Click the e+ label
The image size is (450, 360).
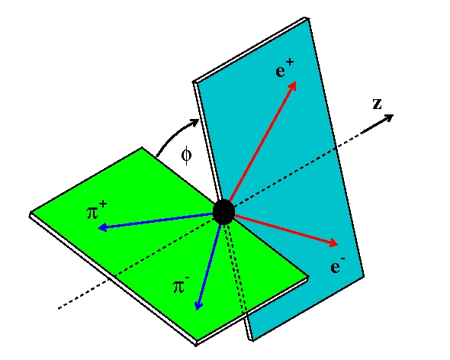(284, 69)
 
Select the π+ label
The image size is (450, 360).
(97, 211)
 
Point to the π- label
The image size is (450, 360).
(181, 284)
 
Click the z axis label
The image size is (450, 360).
(377, 104)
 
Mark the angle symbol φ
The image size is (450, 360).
(187, 155)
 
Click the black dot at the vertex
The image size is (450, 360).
(223, 212)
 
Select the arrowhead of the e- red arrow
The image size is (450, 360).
(333, 243)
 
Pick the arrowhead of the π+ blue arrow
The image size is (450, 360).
(103, 227)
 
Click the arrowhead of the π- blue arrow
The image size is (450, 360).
(198, 305)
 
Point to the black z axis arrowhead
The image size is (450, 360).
(389, 117)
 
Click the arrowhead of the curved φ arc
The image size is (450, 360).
(194, 123)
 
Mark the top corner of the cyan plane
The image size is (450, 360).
(307, 18)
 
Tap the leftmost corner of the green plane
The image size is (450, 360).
(30, 214)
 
